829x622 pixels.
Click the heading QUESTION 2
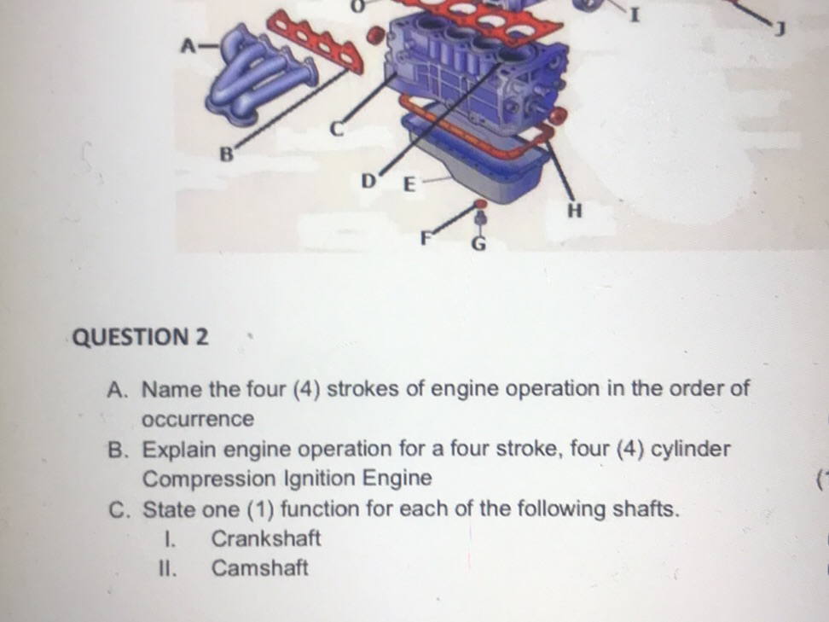(x=141, y=336)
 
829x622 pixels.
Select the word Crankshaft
(x=266, y=539)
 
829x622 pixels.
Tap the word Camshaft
(x=260, y=568)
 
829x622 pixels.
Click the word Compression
(x=209, y=479)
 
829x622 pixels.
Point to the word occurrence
(x=198, y=420)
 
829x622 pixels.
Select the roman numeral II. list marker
(x=168, y=568)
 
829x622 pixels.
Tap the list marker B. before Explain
(x=120, y=450)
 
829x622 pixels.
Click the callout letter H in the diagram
(x=575, y=211)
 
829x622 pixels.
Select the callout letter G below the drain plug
(x=479, y=245)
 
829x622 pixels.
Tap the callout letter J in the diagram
(x=777, y=32)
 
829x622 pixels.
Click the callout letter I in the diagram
(x=633, y=15)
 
